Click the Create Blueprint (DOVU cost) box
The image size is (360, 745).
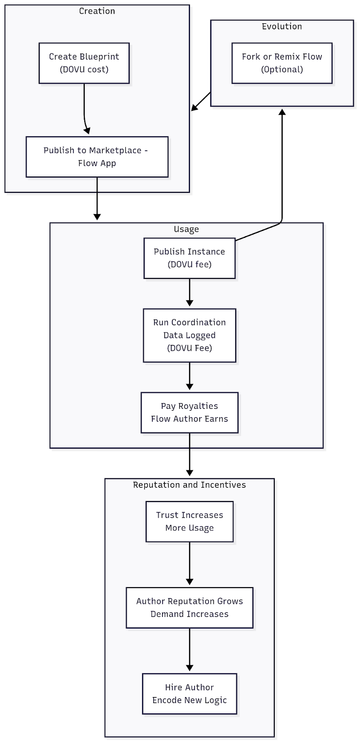(x=84, y=63)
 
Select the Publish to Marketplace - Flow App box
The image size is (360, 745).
(x=97, y=156)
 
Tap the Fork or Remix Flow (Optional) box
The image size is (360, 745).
(x=282, y=63)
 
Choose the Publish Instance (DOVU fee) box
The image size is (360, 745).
(x=190, y=258)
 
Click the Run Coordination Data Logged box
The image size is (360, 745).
(x=190, y=335)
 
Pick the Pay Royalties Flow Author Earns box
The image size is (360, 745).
(x=190, y=413)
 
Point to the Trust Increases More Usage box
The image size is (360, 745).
(x=190, y=521)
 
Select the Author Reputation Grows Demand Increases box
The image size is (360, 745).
(x=190, y=608)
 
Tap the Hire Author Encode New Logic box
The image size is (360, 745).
(x=190, y=694)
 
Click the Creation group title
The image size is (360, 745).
(x=97, y=11)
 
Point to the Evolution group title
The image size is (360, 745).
(x=282, y=26)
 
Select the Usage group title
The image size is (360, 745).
(x=186, y=229)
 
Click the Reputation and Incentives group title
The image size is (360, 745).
(x=190, y=485)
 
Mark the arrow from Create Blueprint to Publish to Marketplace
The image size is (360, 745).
(x=84, y=110)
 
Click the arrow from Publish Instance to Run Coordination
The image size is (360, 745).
(x=190, y=292)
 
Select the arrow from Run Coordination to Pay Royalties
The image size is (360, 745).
(x=190, y=376)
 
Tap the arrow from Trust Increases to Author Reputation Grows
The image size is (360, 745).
(x=190, y=563)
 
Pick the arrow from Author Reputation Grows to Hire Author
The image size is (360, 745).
(x=190, y=650)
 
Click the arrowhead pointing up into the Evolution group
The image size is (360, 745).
(x=282, y=112)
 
